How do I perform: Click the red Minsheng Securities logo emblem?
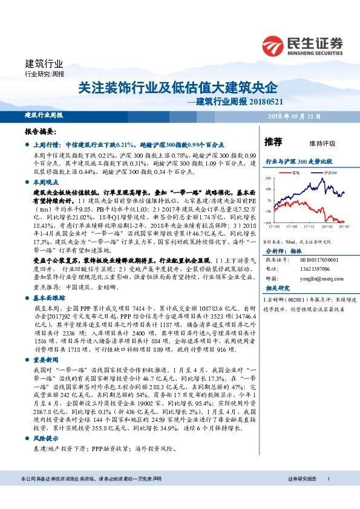coord(274,45)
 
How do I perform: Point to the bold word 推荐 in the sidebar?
coord(274,143)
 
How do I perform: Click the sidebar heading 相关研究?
coord(277,289)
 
